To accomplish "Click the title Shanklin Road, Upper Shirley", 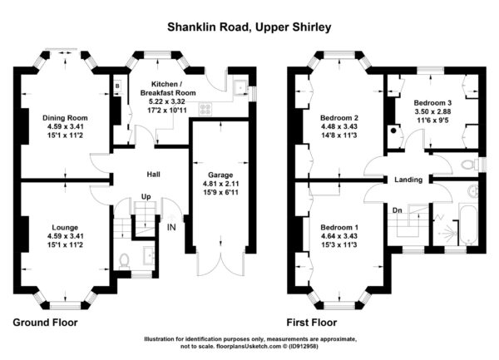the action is [249, 27].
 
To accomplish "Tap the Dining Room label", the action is [65, 118].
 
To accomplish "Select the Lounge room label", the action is [65, 228].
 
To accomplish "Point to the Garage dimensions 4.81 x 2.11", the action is [220, 184].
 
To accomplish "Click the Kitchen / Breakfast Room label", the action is [168, 89].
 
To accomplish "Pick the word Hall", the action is [153, 175].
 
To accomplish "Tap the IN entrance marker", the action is [171, 227].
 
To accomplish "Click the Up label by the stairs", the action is [146, 197].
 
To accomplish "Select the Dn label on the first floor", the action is [398, 210].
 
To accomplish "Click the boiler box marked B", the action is [117, 86].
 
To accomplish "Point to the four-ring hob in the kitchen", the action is [205, 109].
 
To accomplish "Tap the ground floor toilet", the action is [124, 261].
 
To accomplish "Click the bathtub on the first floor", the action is [467, 225].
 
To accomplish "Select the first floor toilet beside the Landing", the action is [470, 165].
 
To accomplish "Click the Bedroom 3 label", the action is [432, 103].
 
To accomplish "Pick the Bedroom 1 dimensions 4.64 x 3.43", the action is [339, 236].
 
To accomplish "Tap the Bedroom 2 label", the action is [339, 118].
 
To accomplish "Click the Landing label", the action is [408, 180].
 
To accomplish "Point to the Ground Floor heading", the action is [45, 323].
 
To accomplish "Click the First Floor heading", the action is [312, 323].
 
